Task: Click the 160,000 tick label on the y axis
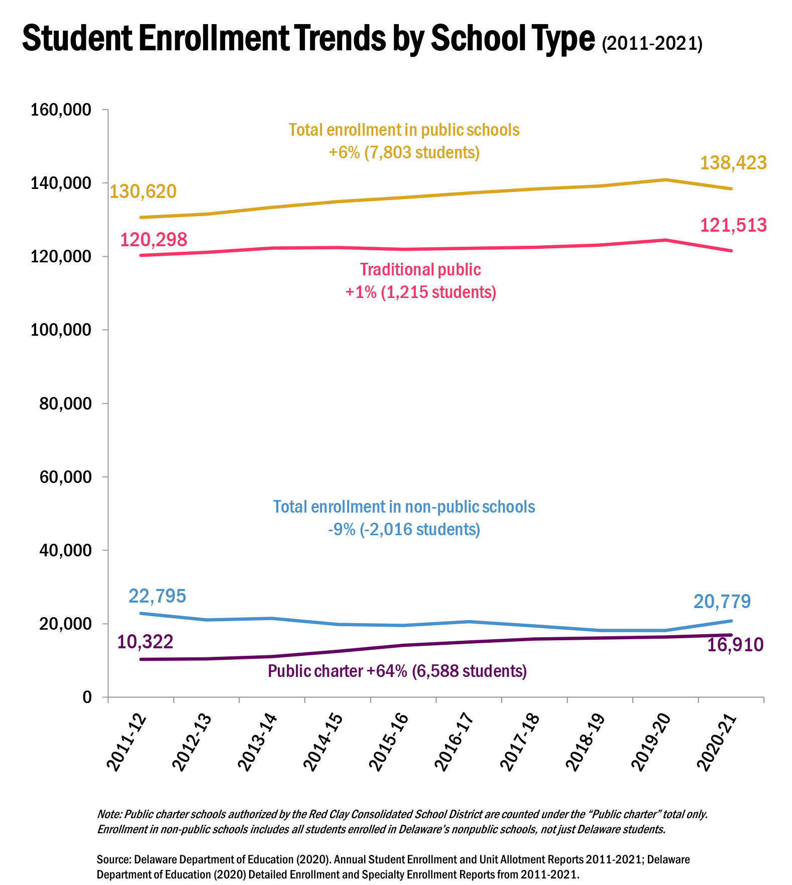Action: click(61, 110)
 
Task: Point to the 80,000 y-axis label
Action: click(66, 404)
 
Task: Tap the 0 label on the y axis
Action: click(87, 697)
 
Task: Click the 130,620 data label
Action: click(143, 191)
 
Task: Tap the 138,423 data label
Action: click(733, 163)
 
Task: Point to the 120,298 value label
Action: click(154, 240)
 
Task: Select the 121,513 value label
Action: click(733, 225)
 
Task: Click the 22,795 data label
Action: click(157, 596)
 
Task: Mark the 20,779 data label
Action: click(722, 601)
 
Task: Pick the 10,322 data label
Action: click(145, 642)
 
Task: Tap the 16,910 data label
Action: click(735, 645)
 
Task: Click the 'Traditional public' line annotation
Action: click(420, 270)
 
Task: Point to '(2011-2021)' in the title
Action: click(652, 44)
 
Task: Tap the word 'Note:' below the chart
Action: click(109, 814)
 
